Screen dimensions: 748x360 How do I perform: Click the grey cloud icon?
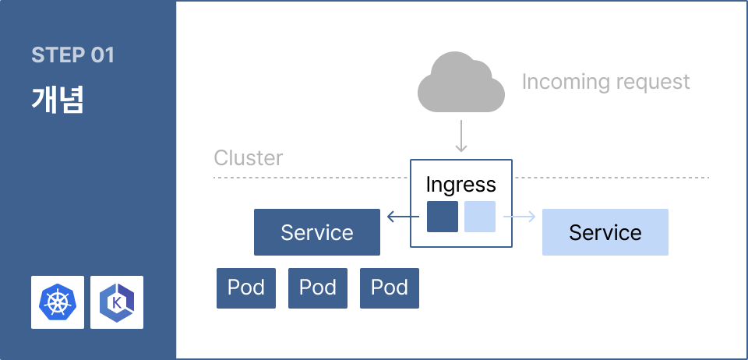point(460,82)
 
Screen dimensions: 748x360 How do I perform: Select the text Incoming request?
point(606,82)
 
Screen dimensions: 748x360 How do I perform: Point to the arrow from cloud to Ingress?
point(460,136)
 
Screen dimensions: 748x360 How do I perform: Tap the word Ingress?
point(460,185)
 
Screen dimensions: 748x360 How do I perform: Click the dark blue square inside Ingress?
point(443,217)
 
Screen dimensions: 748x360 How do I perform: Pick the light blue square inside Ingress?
point(480,217)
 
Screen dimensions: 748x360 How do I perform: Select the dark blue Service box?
point(317,232)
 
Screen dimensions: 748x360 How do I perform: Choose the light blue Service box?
point(605,232)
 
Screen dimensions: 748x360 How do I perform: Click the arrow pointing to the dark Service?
point(403,217)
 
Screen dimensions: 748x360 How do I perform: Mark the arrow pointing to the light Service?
point(519,217)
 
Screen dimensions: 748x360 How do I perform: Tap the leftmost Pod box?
point(246,288)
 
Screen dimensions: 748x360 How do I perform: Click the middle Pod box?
point(318,288)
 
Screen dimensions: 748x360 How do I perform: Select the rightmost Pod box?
point(390,288)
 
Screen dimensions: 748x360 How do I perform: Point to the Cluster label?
point(248,158)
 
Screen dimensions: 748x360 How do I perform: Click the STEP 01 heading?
point(73,55)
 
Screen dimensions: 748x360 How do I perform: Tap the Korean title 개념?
point(58,100)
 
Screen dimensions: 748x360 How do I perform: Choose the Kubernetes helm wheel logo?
point(57,302)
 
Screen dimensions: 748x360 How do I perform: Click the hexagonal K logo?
point(117,302)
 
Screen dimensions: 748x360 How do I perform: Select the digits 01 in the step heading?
point(102,55)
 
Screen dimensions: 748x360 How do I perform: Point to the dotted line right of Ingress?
point(611,178)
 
